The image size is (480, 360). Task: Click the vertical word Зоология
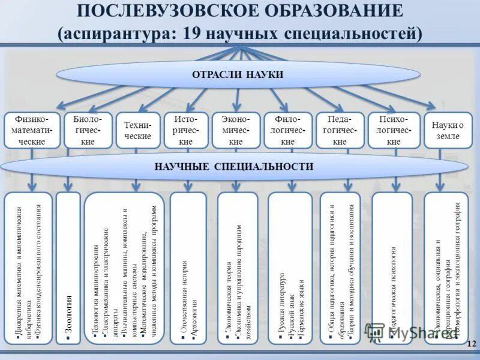pyautogui.click(x=68, y=318)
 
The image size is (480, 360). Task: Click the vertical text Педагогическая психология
pyautogui.click(x=393, y=288)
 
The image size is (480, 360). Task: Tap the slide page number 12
pyautogui.click(x=470, y=343)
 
